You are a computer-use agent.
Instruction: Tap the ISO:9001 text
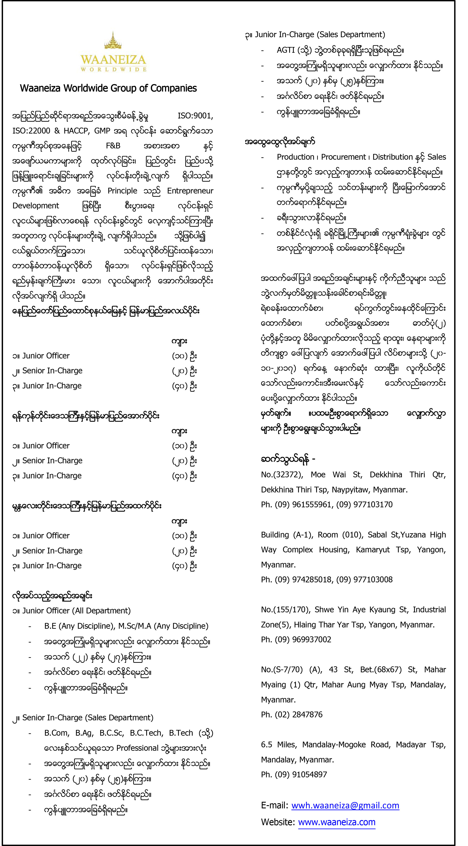point(195,116)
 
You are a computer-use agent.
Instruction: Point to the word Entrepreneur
point(190,191)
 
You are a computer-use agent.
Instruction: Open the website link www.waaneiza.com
point(337,822)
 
